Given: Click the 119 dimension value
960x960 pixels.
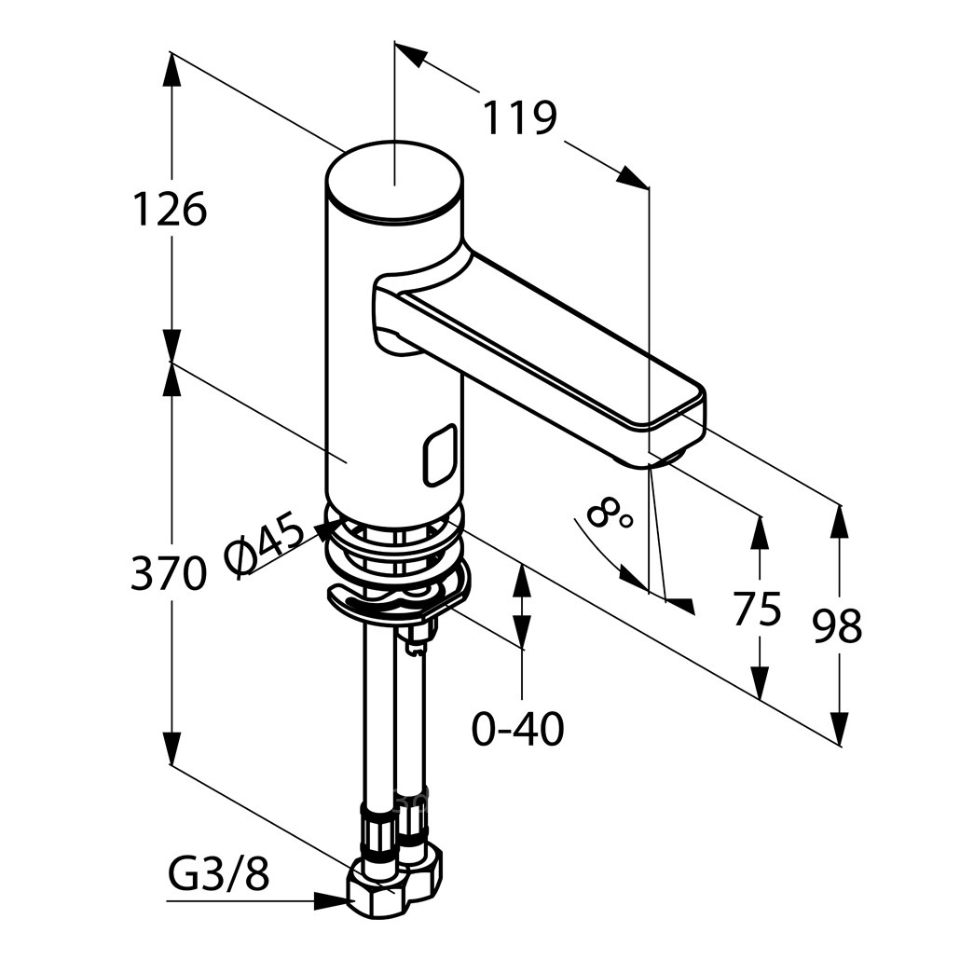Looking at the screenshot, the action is [520, 117].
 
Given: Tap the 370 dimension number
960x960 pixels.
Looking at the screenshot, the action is [168, 574].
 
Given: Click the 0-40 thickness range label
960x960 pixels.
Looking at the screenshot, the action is [518, 729].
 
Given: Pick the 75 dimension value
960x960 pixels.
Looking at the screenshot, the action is [758, 610].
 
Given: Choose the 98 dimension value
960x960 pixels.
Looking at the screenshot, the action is [837, 625].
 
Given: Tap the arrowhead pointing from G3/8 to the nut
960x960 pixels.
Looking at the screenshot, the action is [333, 900].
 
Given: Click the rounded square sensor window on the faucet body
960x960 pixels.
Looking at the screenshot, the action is [438, 456].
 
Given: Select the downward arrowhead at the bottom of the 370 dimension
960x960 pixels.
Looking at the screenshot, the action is [172, 745].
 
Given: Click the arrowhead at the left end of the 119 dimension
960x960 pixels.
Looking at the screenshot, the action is [409, 54].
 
